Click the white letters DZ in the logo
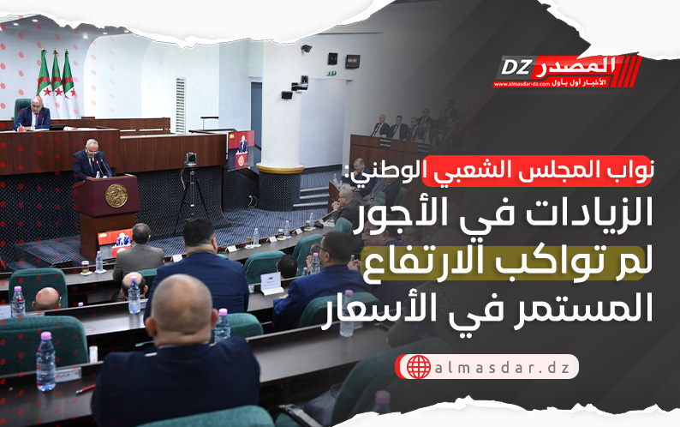click(516, 68)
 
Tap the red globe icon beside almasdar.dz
click(418, 367)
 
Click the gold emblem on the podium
click(116, 195)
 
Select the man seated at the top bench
click(33, 113)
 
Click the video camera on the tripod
click(190, 159)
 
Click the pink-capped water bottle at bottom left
click(45, 362)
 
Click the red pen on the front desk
click(86, 388)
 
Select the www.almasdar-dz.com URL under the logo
click(522, 84)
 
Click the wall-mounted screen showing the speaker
click(242, 149)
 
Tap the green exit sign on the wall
click(331, 73)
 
